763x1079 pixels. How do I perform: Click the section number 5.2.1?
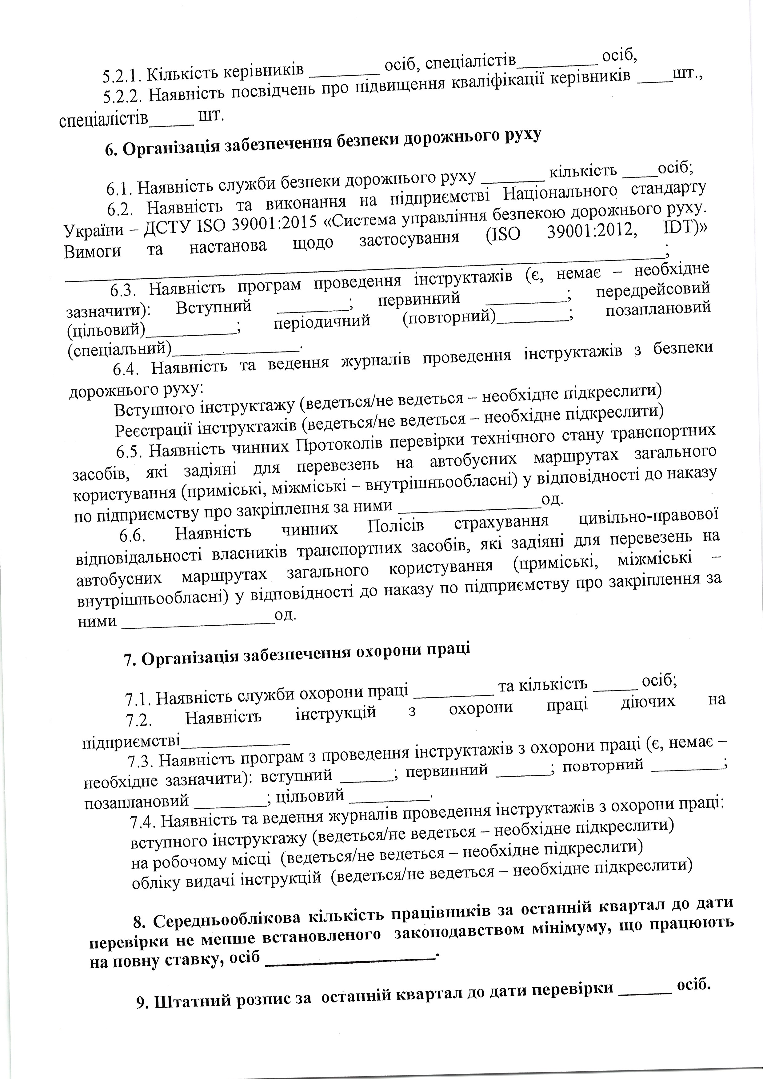click(121, 75)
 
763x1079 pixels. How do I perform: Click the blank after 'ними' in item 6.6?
click(198, 621)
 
